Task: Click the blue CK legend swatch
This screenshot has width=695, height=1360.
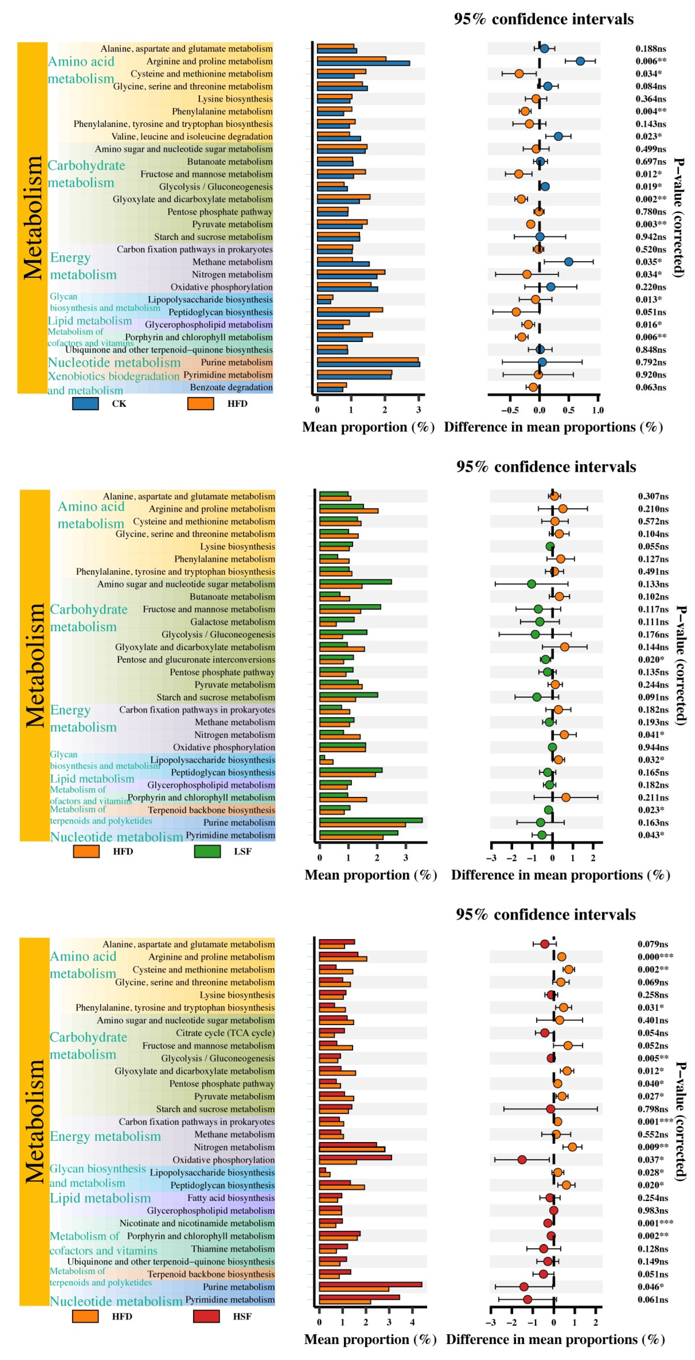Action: tap(85, 403)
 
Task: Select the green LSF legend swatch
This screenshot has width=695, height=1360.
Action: tap(207, 851)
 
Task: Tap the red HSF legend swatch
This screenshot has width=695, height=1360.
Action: tap(207, 1316)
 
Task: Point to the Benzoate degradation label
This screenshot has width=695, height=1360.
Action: tap(231, 387)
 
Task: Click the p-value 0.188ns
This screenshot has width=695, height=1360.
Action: tap(651, 49)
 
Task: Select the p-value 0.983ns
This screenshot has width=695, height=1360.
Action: tap(653, 1211)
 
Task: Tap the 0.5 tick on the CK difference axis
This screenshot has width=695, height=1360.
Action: tap(568, 410)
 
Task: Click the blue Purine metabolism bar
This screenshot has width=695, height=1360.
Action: tap(368, 364)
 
